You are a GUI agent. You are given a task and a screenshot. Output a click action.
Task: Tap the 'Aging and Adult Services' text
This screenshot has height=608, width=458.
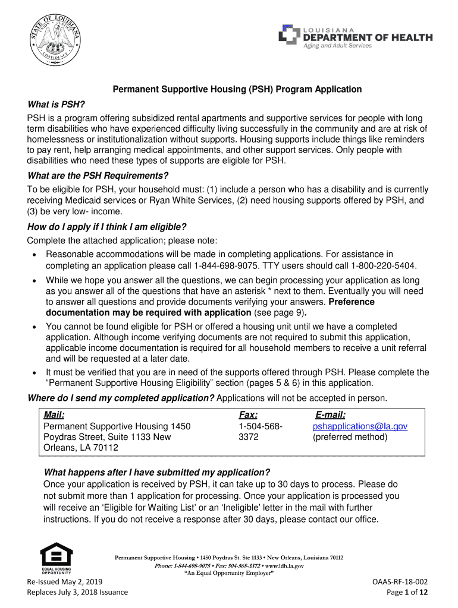tap(337, 46)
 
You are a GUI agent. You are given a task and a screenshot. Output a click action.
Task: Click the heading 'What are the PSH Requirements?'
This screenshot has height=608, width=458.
tap(98, 176)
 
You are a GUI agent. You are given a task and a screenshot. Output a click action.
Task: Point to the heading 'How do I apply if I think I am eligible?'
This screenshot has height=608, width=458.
tap(107, 227)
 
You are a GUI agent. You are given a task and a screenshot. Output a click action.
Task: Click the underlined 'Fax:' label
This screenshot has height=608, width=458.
tap(248, 415)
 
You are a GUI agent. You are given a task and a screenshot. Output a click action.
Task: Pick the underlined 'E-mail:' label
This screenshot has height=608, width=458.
tap(330, 415)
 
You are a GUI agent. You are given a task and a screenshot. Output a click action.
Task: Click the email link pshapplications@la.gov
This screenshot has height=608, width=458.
tap(360, 426)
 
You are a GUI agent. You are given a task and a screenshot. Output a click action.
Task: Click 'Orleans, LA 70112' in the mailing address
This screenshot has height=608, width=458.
tap(81, 448)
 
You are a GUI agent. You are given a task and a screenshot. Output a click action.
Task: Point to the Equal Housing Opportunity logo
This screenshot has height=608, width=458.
tap(57, 558)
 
